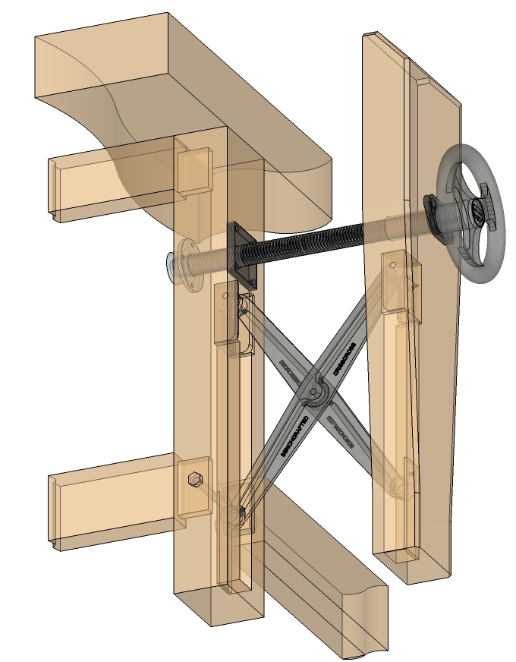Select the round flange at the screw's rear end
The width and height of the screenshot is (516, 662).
coord(190,262)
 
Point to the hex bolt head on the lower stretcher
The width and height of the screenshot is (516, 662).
coord(193,481)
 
